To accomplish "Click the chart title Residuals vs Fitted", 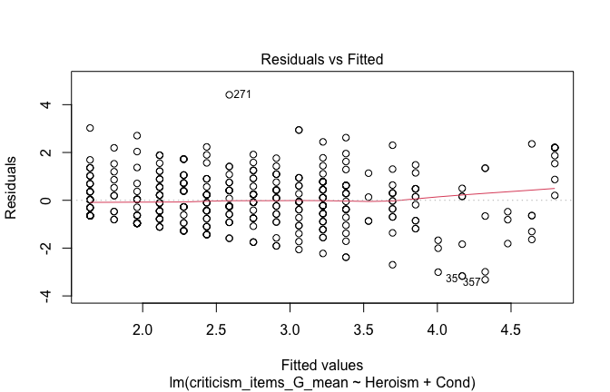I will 322,59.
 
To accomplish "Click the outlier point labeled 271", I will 229,94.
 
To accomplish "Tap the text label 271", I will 242,94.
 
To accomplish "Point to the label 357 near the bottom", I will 471,282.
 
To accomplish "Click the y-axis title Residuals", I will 13,186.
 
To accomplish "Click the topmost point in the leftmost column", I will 90,128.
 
